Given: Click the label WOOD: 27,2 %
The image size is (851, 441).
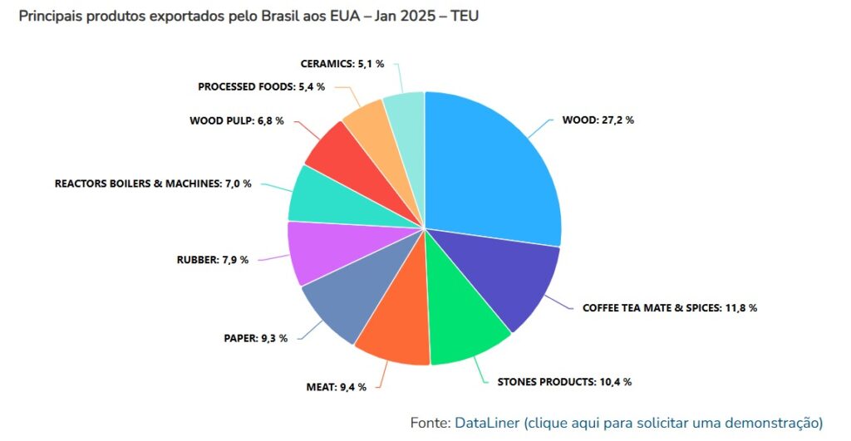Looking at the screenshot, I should click(598, 120).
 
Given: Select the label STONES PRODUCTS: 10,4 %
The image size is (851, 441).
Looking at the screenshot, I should click(564, 382).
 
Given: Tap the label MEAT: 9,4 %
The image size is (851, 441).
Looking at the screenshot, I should click(336, 387).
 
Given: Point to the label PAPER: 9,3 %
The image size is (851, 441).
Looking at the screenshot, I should click(255, 338).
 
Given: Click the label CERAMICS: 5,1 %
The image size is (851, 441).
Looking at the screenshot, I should click(342, 63).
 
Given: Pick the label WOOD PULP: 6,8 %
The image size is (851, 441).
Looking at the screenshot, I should click(237, 120).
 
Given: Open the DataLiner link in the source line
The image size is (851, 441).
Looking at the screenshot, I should click(487, 422).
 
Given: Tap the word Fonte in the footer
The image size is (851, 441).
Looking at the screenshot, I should click(430, 422).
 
